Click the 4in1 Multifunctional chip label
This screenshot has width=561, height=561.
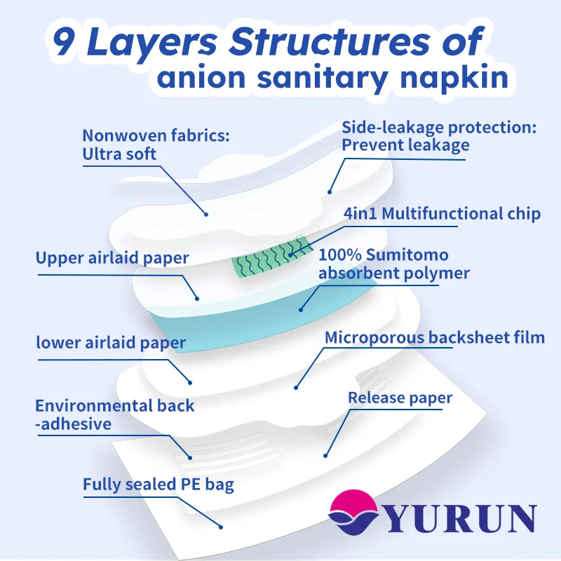(x=442, y=214)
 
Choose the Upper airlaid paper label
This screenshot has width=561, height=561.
(x=112, y=258)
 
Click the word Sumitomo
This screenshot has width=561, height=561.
(x=408, y=255)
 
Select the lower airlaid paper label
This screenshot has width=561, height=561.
(x=111, y=343)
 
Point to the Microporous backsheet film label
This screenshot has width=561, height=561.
(x=435, y=337)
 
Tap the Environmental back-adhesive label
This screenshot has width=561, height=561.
(x=115, y=414)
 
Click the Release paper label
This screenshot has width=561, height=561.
(x=400, y=398)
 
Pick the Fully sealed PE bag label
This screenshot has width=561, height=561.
(x=158, y=485)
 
